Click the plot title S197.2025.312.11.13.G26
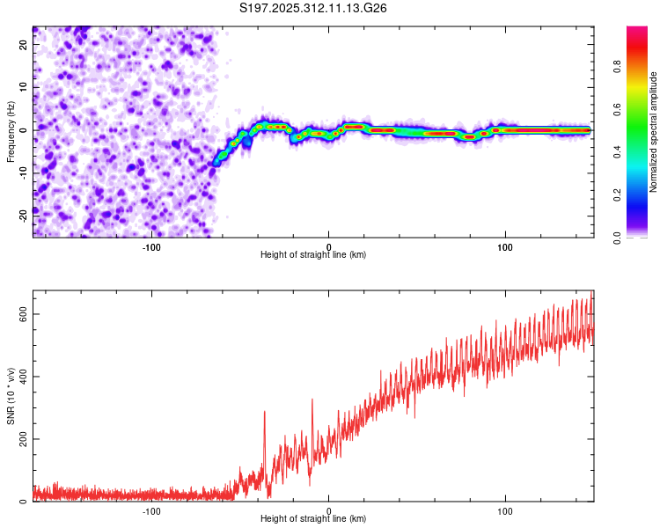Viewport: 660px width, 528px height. click(x=314, y=9)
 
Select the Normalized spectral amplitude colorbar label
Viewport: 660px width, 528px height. click(x=654, y=132)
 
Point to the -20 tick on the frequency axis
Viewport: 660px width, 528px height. click(x=23, y=216)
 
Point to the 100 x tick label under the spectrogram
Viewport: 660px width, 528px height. click(x=505, y=246)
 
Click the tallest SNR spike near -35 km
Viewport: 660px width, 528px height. click(x=264, y=413)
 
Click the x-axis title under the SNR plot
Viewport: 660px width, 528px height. click(x=313, y=519)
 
